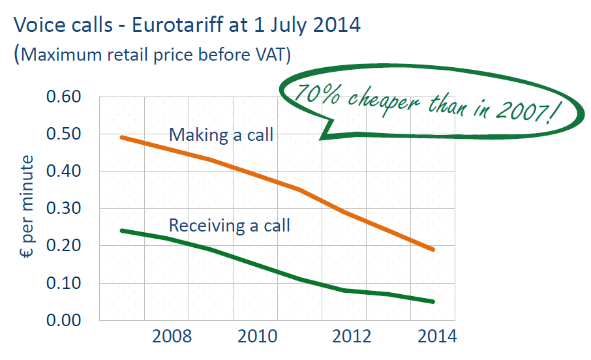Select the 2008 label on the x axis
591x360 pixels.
[171, 337]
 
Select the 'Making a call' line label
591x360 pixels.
[221, 135]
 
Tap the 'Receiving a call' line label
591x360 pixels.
[229, 226]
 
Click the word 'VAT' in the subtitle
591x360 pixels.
[270, 54]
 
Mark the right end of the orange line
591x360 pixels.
[433, 249]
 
